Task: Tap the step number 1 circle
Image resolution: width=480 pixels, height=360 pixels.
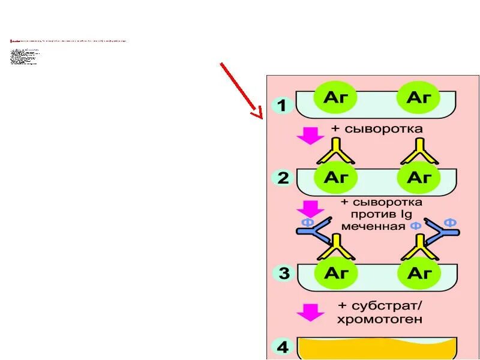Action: (283, 106)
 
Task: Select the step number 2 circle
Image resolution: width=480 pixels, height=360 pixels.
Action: (283, 178)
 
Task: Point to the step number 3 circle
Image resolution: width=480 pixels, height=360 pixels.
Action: (283, 274)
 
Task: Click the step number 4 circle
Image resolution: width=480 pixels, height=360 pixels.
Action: (283, 347)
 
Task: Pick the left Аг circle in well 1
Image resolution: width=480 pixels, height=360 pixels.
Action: (336, 97)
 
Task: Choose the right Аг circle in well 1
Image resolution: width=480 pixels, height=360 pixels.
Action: (418, 97)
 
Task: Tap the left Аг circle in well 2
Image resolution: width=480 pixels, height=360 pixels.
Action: (336, 178)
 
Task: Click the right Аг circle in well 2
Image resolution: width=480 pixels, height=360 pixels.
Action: (418, 178)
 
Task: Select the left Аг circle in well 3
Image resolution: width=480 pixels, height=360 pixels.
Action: (336, 274)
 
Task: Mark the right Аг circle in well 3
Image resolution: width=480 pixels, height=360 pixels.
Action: (418, 274)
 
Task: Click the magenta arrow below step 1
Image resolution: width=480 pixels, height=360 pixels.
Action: (311, 135)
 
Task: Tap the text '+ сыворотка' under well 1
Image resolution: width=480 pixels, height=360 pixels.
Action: (377, 129)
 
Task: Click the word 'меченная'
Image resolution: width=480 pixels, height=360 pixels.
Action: (373, 227)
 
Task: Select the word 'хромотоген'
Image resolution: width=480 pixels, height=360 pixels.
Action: (380, 320)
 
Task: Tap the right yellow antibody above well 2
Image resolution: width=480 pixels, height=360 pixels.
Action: (418, 152)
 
